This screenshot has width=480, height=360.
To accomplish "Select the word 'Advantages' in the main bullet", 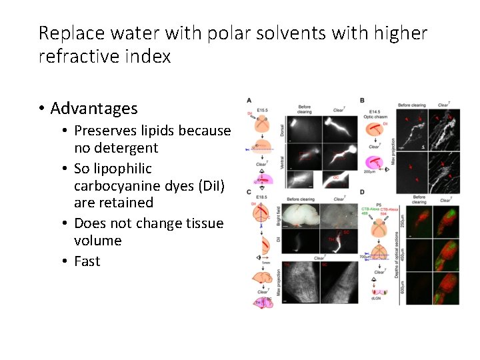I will [94, 108].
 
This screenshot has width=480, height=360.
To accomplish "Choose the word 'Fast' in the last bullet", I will [87, 261].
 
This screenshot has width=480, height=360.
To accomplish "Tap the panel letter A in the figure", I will [249, 101].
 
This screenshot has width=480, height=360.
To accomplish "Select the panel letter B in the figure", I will [362, 101].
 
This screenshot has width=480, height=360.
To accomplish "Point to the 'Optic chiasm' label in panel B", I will [379, 117].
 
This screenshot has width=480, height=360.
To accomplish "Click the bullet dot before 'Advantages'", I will [41, 109].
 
